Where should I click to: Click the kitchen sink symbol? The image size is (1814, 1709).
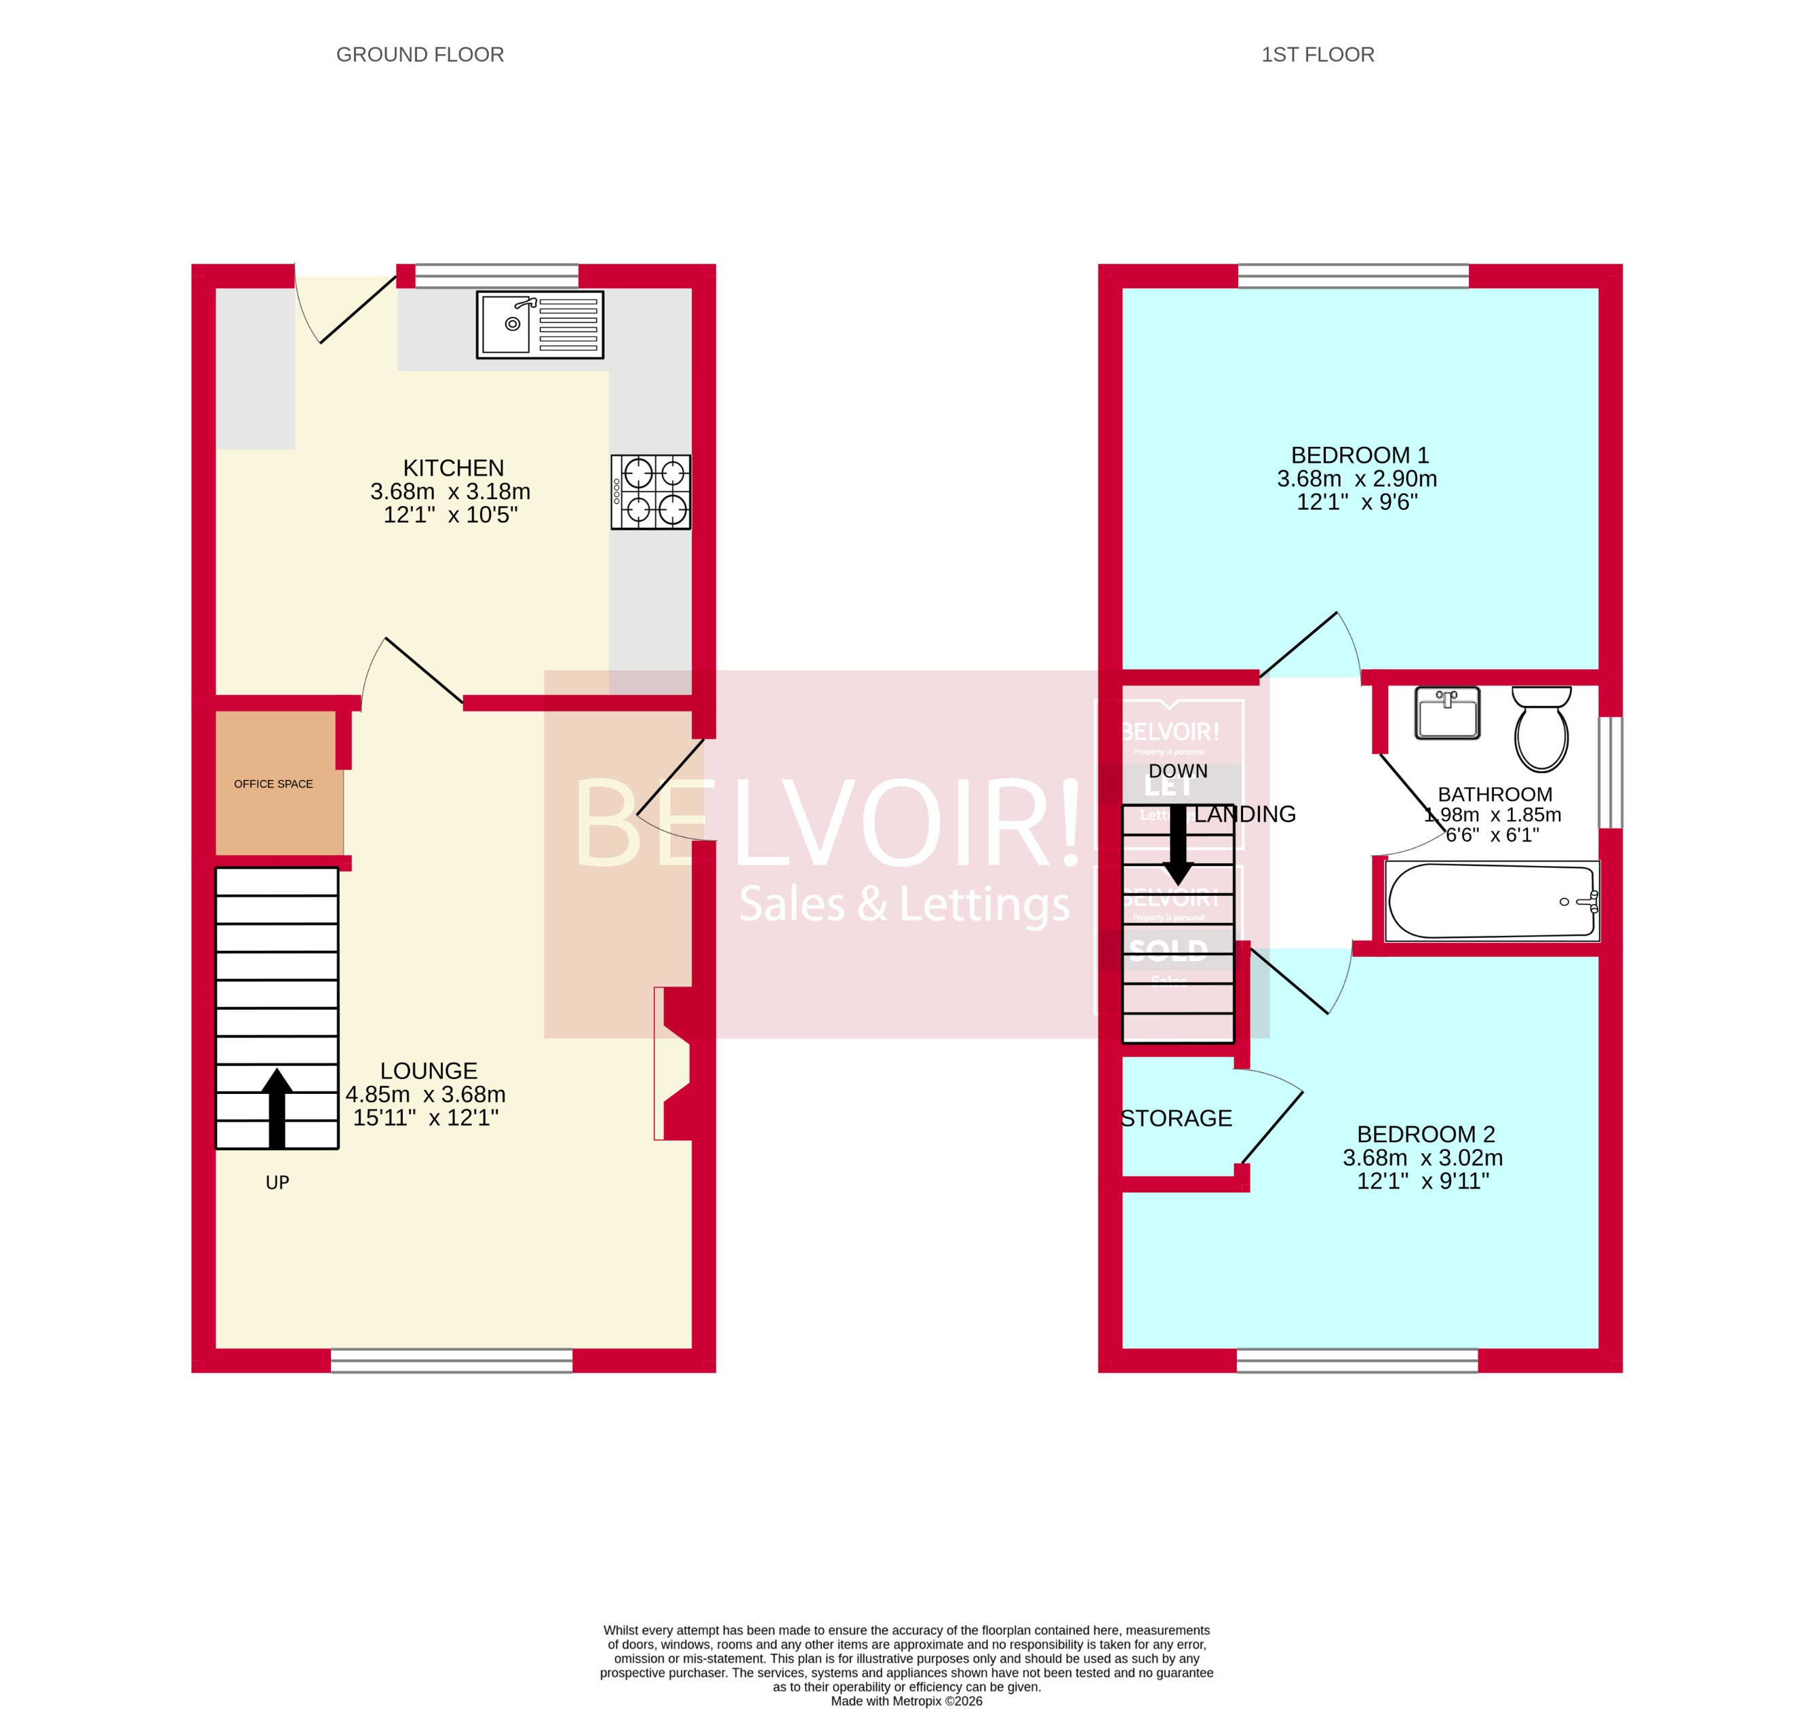(x=539, y=325)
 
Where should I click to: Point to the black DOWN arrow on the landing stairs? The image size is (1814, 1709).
(x=1178, y=844)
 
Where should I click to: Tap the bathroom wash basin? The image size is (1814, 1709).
(x=1447, y=713)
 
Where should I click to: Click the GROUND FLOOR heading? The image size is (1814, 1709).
(x=420, y=55)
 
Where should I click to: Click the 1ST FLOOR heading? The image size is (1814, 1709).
(x=1317, y=55)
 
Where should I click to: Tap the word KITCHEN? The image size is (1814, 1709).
(x=454, y=468)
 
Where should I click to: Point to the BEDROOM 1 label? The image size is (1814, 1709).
(x=1360, y=455)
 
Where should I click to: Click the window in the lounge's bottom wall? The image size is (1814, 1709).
(x=452, y=1360)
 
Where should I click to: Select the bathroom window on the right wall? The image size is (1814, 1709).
(x=1611, y=772)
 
